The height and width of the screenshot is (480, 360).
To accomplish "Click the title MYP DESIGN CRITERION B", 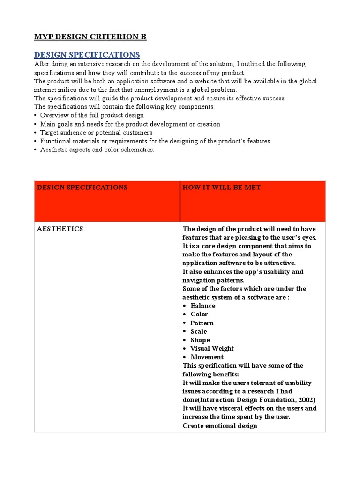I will click(x=90, y=37).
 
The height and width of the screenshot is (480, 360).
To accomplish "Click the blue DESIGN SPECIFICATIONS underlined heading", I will click(x=87, y=55).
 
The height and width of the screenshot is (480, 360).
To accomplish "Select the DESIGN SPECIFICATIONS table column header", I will click(x=82, y=187).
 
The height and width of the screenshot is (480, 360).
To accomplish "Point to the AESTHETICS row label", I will click(x=60, y=229).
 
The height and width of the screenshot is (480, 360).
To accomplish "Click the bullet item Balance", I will click(x=202, y=306).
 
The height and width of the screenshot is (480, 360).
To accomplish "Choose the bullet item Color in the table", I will click(x=199, y=314).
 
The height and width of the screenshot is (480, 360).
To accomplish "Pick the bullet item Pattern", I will click(x=202, y=323).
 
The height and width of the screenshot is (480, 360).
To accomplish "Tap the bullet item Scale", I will click(x=198, y=331).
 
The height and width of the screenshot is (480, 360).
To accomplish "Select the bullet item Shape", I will click(x=200, y=340).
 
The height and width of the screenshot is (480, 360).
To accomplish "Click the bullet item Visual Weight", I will click(x=212, y=348).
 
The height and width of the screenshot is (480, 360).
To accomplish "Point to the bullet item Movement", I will click(x=207, y=357).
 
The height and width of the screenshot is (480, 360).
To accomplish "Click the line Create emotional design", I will click(x=220, y=426).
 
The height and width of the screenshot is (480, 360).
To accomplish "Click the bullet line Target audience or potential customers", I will click(x=96, y=133).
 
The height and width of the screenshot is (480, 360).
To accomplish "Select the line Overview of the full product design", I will click(x=92, y=115).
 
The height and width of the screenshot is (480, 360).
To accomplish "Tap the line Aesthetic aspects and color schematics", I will click(x=97, y=150).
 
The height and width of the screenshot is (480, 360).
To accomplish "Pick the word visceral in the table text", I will click(x=231, y=408).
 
